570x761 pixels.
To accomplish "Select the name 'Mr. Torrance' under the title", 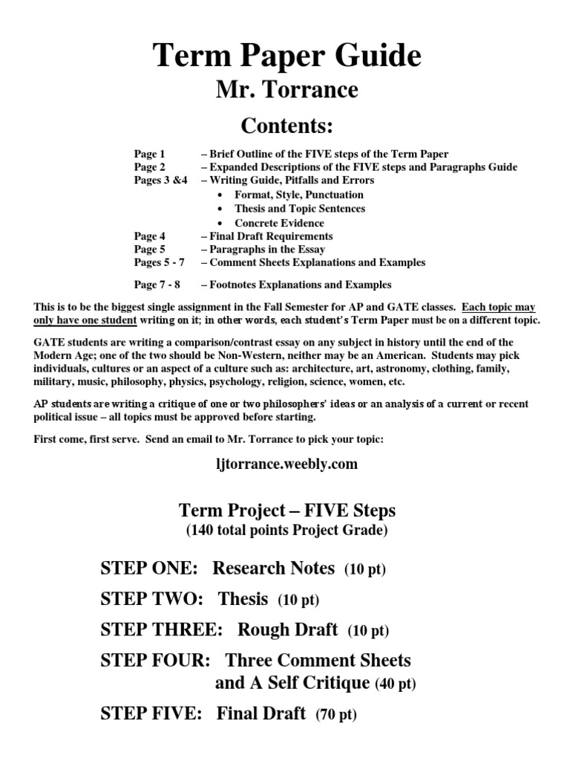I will (286, 90).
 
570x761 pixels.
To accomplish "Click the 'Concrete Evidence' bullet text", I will (279, 222).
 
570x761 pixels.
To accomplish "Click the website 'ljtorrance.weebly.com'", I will (286, 464).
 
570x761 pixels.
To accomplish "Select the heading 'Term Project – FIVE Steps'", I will (287, 511).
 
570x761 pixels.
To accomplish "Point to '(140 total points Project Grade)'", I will (286, 530).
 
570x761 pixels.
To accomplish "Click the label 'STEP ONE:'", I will (148, 569).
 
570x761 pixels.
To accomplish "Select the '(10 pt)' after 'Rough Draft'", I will (368, 631).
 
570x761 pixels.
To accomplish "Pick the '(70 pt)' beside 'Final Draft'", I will (336, 716).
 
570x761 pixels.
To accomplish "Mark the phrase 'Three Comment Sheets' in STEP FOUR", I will (318, 660).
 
